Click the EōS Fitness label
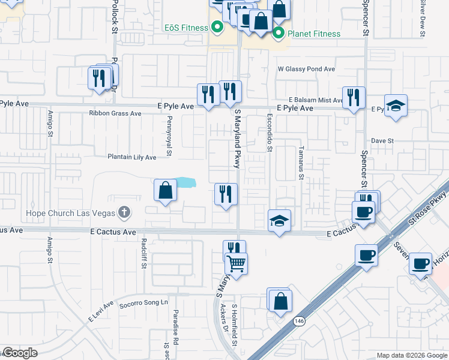coord(186,27)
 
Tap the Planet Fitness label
coord(313,34)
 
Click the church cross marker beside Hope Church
coord(124,212)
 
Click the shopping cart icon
coord(237,263)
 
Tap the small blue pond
coord(186,182)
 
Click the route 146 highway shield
coord(298,321)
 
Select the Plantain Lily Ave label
coord(131,157)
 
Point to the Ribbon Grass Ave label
coord(115,113)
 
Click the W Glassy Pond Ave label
coord(306,69)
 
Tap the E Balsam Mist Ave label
coord(315,100)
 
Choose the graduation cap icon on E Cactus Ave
coord(279,221)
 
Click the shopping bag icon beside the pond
coord(166,191)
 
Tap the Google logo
coord(20,353)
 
